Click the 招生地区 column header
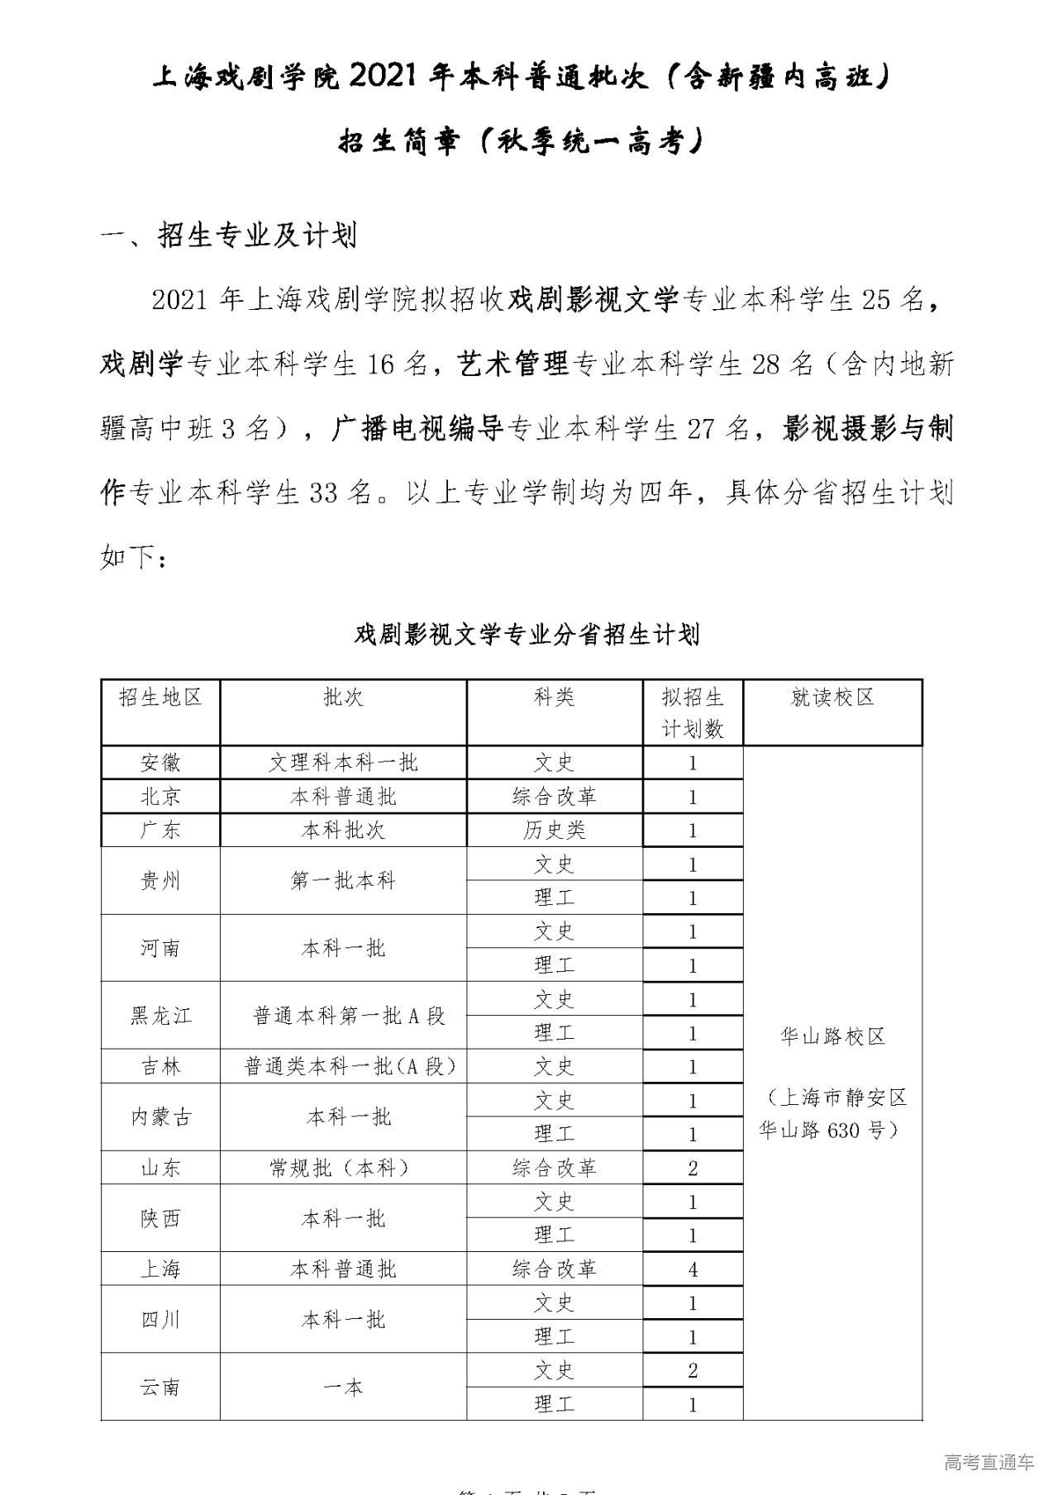(x=160, y=698)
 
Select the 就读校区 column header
(x=832, y=698)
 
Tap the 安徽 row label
(x=160, y=762)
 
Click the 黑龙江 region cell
(x=160, y=1016)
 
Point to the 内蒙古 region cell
(x=160, y=1117)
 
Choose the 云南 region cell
(x=160, y=1387)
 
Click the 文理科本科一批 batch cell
(x=344, y=762)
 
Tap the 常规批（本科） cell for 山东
(x=344, y=1168)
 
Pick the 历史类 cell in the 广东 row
(x=554, y=830)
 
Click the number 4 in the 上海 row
(x=693, y=1269)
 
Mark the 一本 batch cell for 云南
(x=344, y=1387)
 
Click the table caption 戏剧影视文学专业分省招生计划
(x=527, y=634)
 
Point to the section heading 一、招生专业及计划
(x=228, y=236)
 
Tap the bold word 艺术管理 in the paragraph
(x=513, y=364)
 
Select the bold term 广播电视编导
(x=418, y=428)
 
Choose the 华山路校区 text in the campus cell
(x=832, y=1036)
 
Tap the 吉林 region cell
(x=160, y=1067)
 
